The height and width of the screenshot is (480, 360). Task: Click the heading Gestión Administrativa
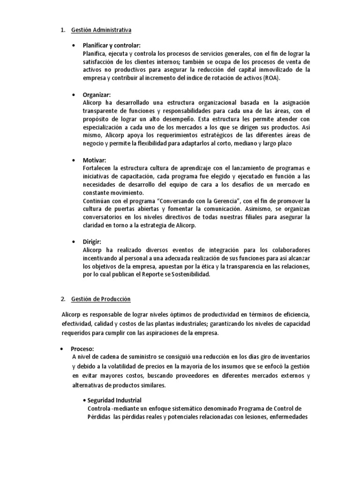click(101, 30)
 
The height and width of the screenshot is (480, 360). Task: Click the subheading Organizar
click(97, 95)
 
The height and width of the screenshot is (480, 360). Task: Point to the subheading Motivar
click(94, 160)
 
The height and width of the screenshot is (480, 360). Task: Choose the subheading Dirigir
click(92, 241)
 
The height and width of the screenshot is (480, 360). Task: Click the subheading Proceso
click(82, 349)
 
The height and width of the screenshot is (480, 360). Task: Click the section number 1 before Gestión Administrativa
click(62, 30)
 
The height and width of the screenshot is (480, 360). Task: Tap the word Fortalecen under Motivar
click(97, 168)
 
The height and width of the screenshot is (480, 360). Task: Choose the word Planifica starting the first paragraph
click(95, 53)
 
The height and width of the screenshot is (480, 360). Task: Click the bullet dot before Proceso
click(62, 349)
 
